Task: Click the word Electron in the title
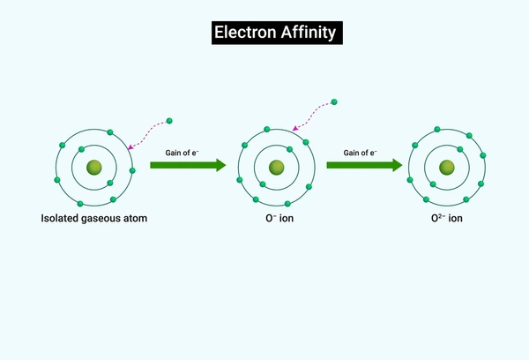coord(245,33)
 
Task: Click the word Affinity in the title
coord(309,33)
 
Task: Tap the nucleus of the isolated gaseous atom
coord(94,168)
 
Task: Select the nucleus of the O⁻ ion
coord(277,168)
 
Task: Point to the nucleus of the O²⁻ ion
coord(447,168)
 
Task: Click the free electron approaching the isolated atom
coord(169,121)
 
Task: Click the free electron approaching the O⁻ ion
coord(334,102)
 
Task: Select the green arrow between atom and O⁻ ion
coord(188,165)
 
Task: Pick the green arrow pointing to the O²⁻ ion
coord(364,165)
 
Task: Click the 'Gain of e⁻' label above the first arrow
coord(183,153)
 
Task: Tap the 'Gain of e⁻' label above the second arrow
coord(361,153)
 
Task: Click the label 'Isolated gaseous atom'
coord(94,218)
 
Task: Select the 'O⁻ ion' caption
coord(279,218)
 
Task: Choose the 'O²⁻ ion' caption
coord(447,218)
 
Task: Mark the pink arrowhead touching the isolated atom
coord(130,146)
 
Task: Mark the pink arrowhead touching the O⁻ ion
coord(294,128)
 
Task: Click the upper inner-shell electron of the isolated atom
coord(81,149)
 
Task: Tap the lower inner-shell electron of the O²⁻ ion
coord(433,184)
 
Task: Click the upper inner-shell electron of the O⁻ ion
coord(289,149)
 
